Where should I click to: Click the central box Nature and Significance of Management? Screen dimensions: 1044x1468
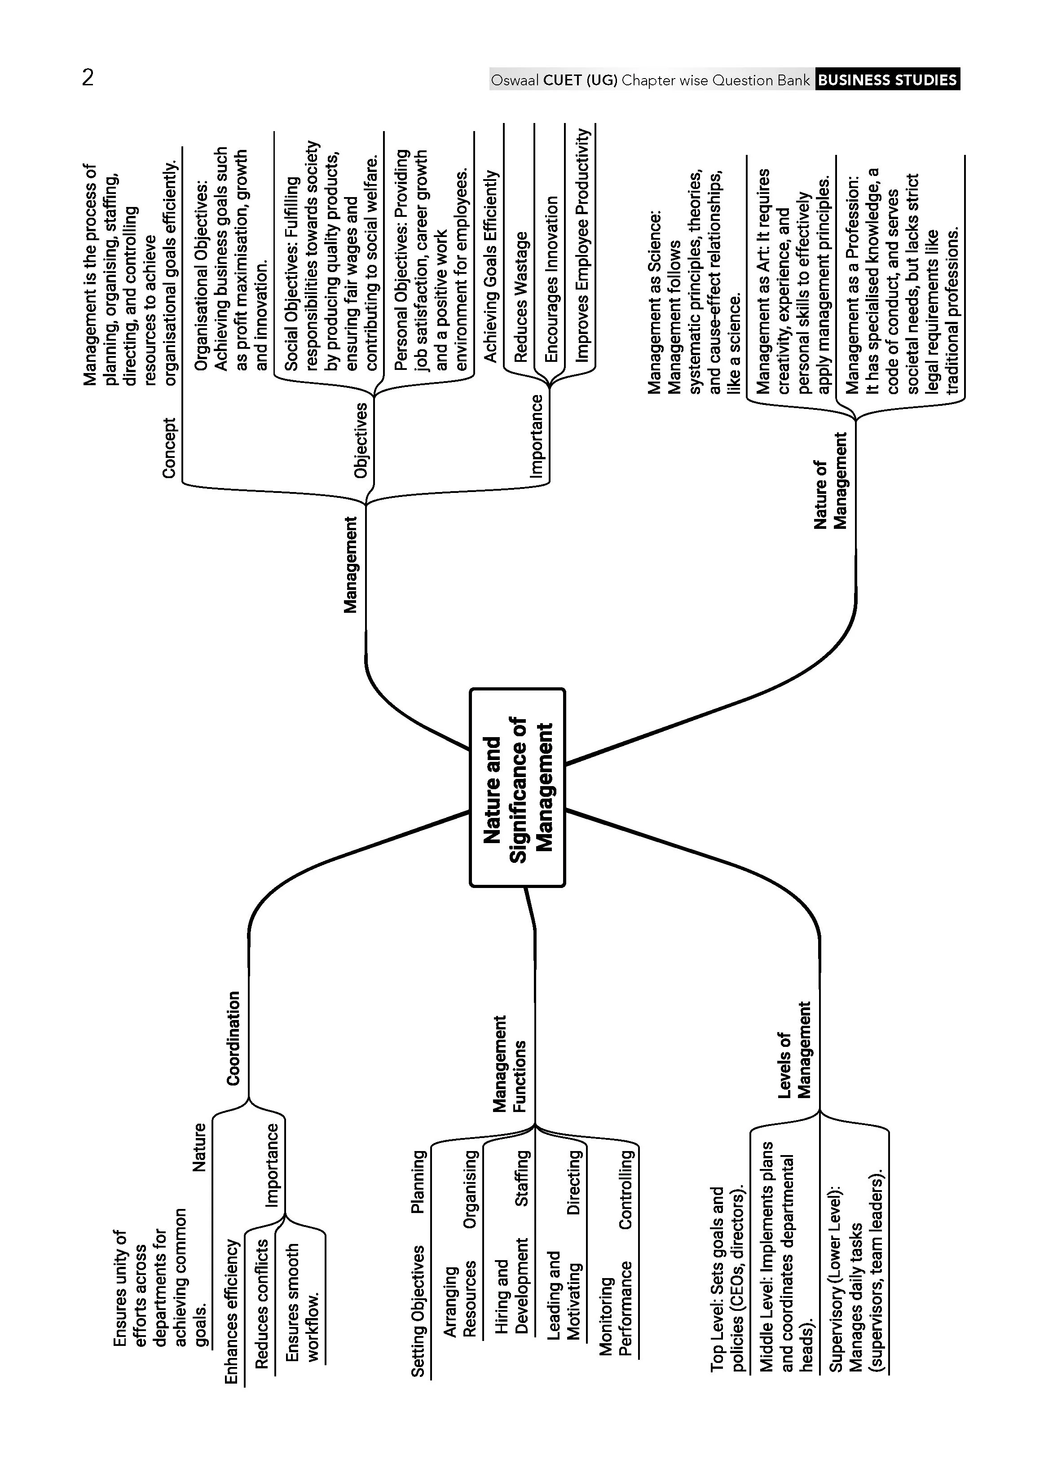[x=517, y=787]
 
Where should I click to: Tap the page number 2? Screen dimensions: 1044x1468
[x=88, y=78]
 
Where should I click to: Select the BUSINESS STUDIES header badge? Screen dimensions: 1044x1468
[x=888, y=80]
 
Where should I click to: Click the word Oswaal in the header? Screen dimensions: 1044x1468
[x=515, y=80]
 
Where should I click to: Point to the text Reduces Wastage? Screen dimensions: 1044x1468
[x=520, y=296]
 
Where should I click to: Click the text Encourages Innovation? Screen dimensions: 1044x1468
[x=551, y=279]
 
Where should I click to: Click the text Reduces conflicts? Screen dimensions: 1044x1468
[x=262, y=1303]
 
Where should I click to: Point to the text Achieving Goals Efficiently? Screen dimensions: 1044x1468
[x=490, y=266]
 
